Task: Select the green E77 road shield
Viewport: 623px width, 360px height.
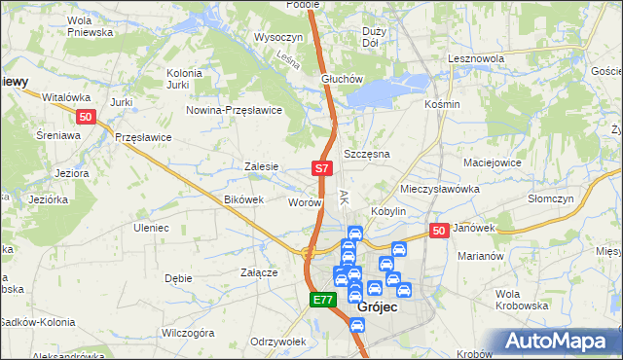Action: (324, 301)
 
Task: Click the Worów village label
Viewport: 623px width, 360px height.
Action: (305, 202)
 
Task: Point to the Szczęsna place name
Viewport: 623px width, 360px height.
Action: (367, 155)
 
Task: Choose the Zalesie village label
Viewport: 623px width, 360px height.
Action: (263, 166)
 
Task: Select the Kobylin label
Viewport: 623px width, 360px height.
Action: (386, 211)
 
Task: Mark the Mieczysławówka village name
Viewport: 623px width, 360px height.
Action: (441, 188)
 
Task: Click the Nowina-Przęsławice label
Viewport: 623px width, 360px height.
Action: (235, 110)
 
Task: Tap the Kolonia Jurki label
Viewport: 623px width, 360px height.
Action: (184, 79)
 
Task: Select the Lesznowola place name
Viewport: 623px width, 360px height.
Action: (475, 58)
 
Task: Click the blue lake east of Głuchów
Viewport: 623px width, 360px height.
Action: (385, 91)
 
